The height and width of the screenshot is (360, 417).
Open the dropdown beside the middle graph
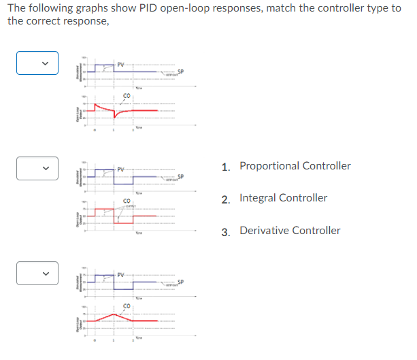point(37,168)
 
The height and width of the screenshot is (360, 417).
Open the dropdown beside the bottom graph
point(37,274)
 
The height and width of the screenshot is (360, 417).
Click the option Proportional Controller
point(295,166)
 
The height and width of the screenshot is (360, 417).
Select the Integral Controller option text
point(283,198)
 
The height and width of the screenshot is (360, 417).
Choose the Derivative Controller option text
point(290,231)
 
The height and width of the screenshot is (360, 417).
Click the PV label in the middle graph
point(120,169)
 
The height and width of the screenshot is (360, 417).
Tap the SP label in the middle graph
point(180,177)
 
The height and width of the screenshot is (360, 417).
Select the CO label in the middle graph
point(127,200)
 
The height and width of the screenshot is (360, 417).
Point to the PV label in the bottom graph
point(120,275)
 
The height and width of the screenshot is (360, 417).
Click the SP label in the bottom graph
point(180,282)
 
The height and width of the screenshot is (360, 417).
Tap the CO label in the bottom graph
point(127,307)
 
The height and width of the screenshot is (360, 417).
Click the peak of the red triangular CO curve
point(114,314)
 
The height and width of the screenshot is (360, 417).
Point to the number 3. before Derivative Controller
point(225,231)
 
